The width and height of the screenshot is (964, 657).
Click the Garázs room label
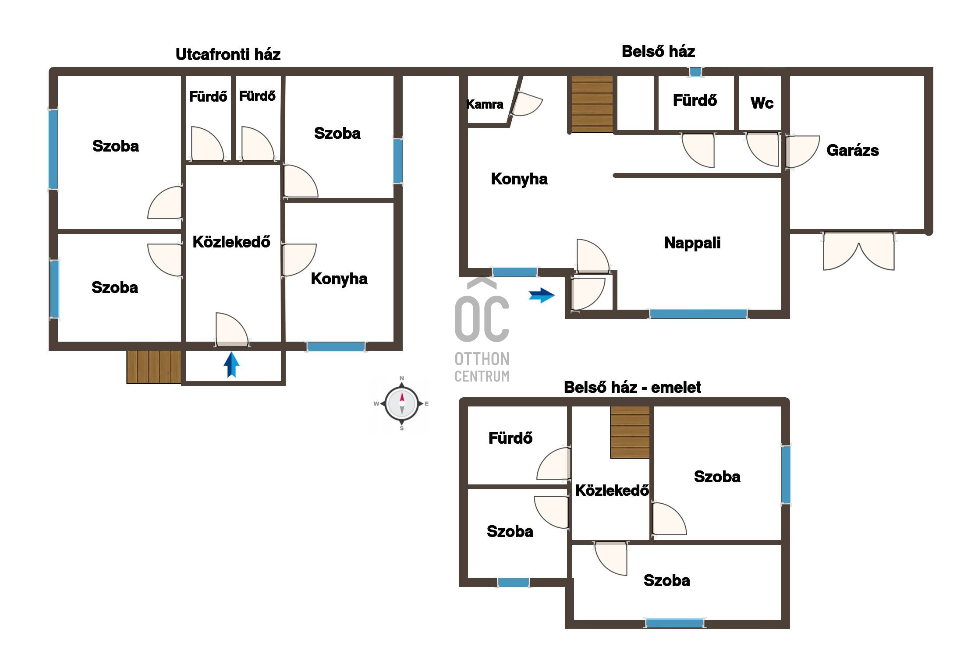point(852,150)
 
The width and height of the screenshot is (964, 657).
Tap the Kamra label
point(485,104)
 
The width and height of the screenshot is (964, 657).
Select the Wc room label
point(762,103)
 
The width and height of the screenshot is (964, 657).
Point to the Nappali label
point(692,243)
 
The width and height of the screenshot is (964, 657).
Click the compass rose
point(402,403)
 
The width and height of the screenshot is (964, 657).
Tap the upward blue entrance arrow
point(232,365)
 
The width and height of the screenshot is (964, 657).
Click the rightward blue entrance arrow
point(542,295)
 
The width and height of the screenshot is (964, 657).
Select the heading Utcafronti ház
point(228,54)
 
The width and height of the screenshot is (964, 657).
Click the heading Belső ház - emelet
point(632,387)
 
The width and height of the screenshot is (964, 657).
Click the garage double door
point(859,251)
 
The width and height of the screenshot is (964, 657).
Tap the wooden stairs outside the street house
point(154,367)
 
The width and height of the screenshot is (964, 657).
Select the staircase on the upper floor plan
point(630,432)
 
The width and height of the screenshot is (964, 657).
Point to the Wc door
point(763,149)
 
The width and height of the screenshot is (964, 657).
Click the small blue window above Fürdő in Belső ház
point(695,72)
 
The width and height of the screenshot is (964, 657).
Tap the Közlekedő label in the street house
point(231,242)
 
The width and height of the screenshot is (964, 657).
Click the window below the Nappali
point(698,314)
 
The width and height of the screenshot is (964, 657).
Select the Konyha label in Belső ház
point(519,179)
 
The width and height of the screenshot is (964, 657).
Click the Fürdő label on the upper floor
point(510,438)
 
